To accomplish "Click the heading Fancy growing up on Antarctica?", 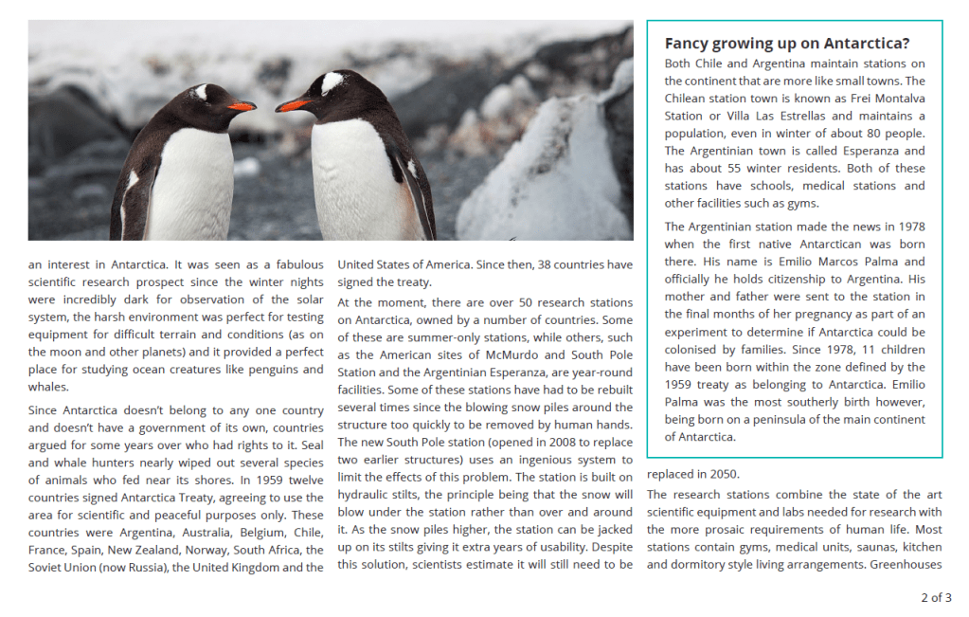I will [786, 44].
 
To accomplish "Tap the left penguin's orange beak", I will [241, 106].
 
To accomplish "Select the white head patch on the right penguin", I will [332, 82].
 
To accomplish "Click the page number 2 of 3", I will [936, 598].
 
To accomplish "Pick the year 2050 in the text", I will [722, 474].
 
